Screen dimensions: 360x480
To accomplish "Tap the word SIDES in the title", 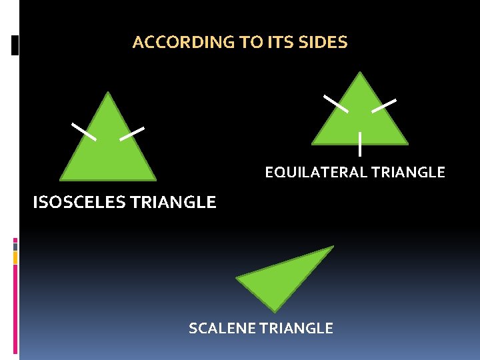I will coord(326,43).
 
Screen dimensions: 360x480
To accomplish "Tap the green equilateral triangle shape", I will coord(360,120).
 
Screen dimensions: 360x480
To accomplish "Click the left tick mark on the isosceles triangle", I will coord(84,131).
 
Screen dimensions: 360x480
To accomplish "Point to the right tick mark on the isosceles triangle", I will coord(132,133).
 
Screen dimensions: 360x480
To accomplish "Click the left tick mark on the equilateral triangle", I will coord(335,103).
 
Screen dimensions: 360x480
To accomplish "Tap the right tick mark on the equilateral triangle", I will coord(384,105).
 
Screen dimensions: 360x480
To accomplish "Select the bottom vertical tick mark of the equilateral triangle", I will coord(360,144).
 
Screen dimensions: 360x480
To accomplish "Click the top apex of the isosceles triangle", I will coord(108,93).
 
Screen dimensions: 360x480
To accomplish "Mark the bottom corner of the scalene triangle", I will coord(275,310).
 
